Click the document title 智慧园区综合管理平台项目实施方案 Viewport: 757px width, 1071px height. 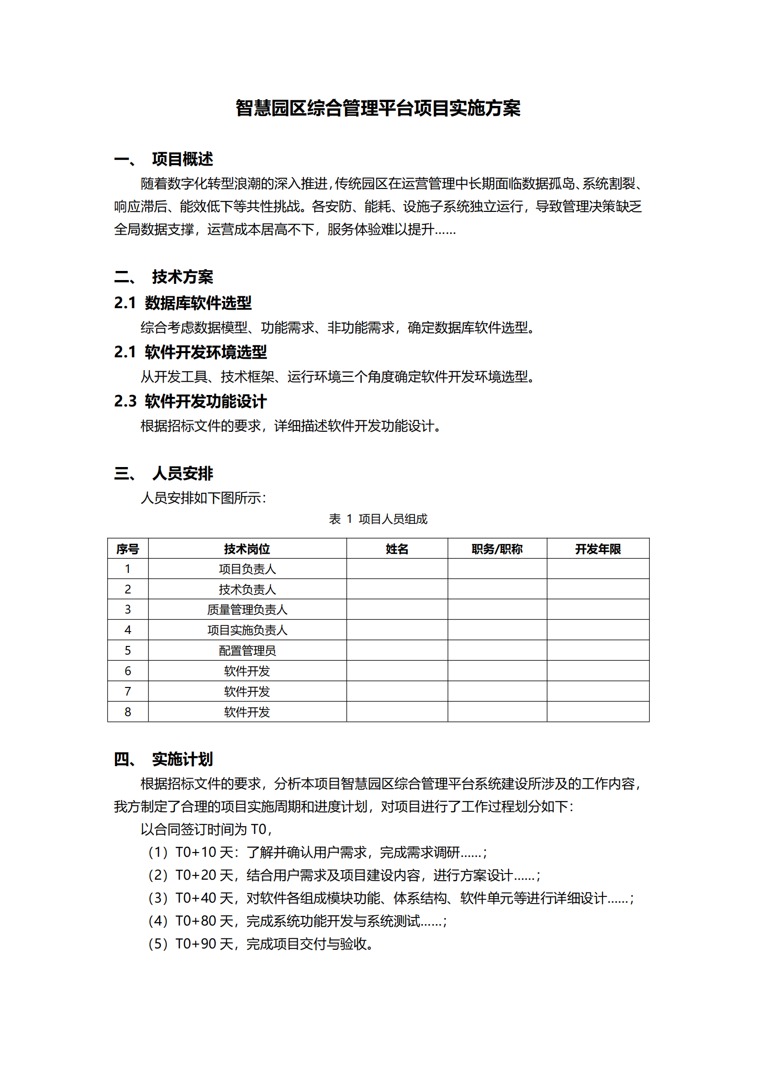click(x=378, y=108)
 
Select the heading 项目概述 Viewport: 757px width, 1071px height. click(x=182, y=159)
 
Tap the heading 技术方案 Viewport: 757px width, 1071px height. click(x=182, y=277)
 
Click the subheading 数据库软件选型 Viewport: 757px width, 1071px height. click(x=198, y=303)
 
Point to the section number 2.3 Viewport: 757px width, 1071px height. click(x=125, y=401)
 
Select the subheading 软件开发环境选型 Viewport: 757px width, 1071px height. click(x=206, y=352)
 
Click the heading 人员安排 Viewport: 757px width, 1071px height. click(x=182, y=473)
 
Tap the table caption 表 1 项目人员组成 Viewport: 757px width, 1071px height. click(x=378, y=519)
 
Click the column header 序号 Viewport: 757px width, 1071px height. click(x=127, y=549)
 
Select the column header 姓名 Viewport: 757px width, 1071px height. click(x=397, y=549)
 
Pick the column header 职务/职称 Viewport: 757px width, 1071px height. click(x=497, y=549)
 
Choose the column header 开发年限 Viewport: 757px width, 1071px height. click(x=598, y=549)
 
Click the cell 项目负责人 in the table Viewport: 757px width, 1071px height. click(x=247, y=569)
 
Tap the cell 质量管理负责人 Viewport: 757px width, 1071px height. click(x=247, y=609)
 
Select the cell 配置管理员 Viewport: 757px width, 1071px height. click(x=247, y=650)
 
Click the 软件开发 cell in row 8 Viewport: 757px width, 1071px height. click(x=247, y=712)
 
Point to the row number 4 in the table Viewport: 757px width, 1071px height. click(x=127, y=630)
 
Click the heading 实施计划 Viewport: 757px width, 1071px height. click(x=182, y=759)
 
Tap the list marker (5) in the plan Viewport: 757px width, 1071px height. click(x=158, y=944)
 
